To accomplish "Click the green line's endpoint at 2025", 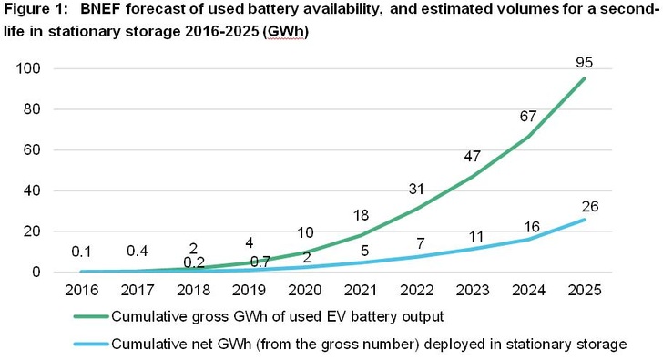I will (x=585, y=78).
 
